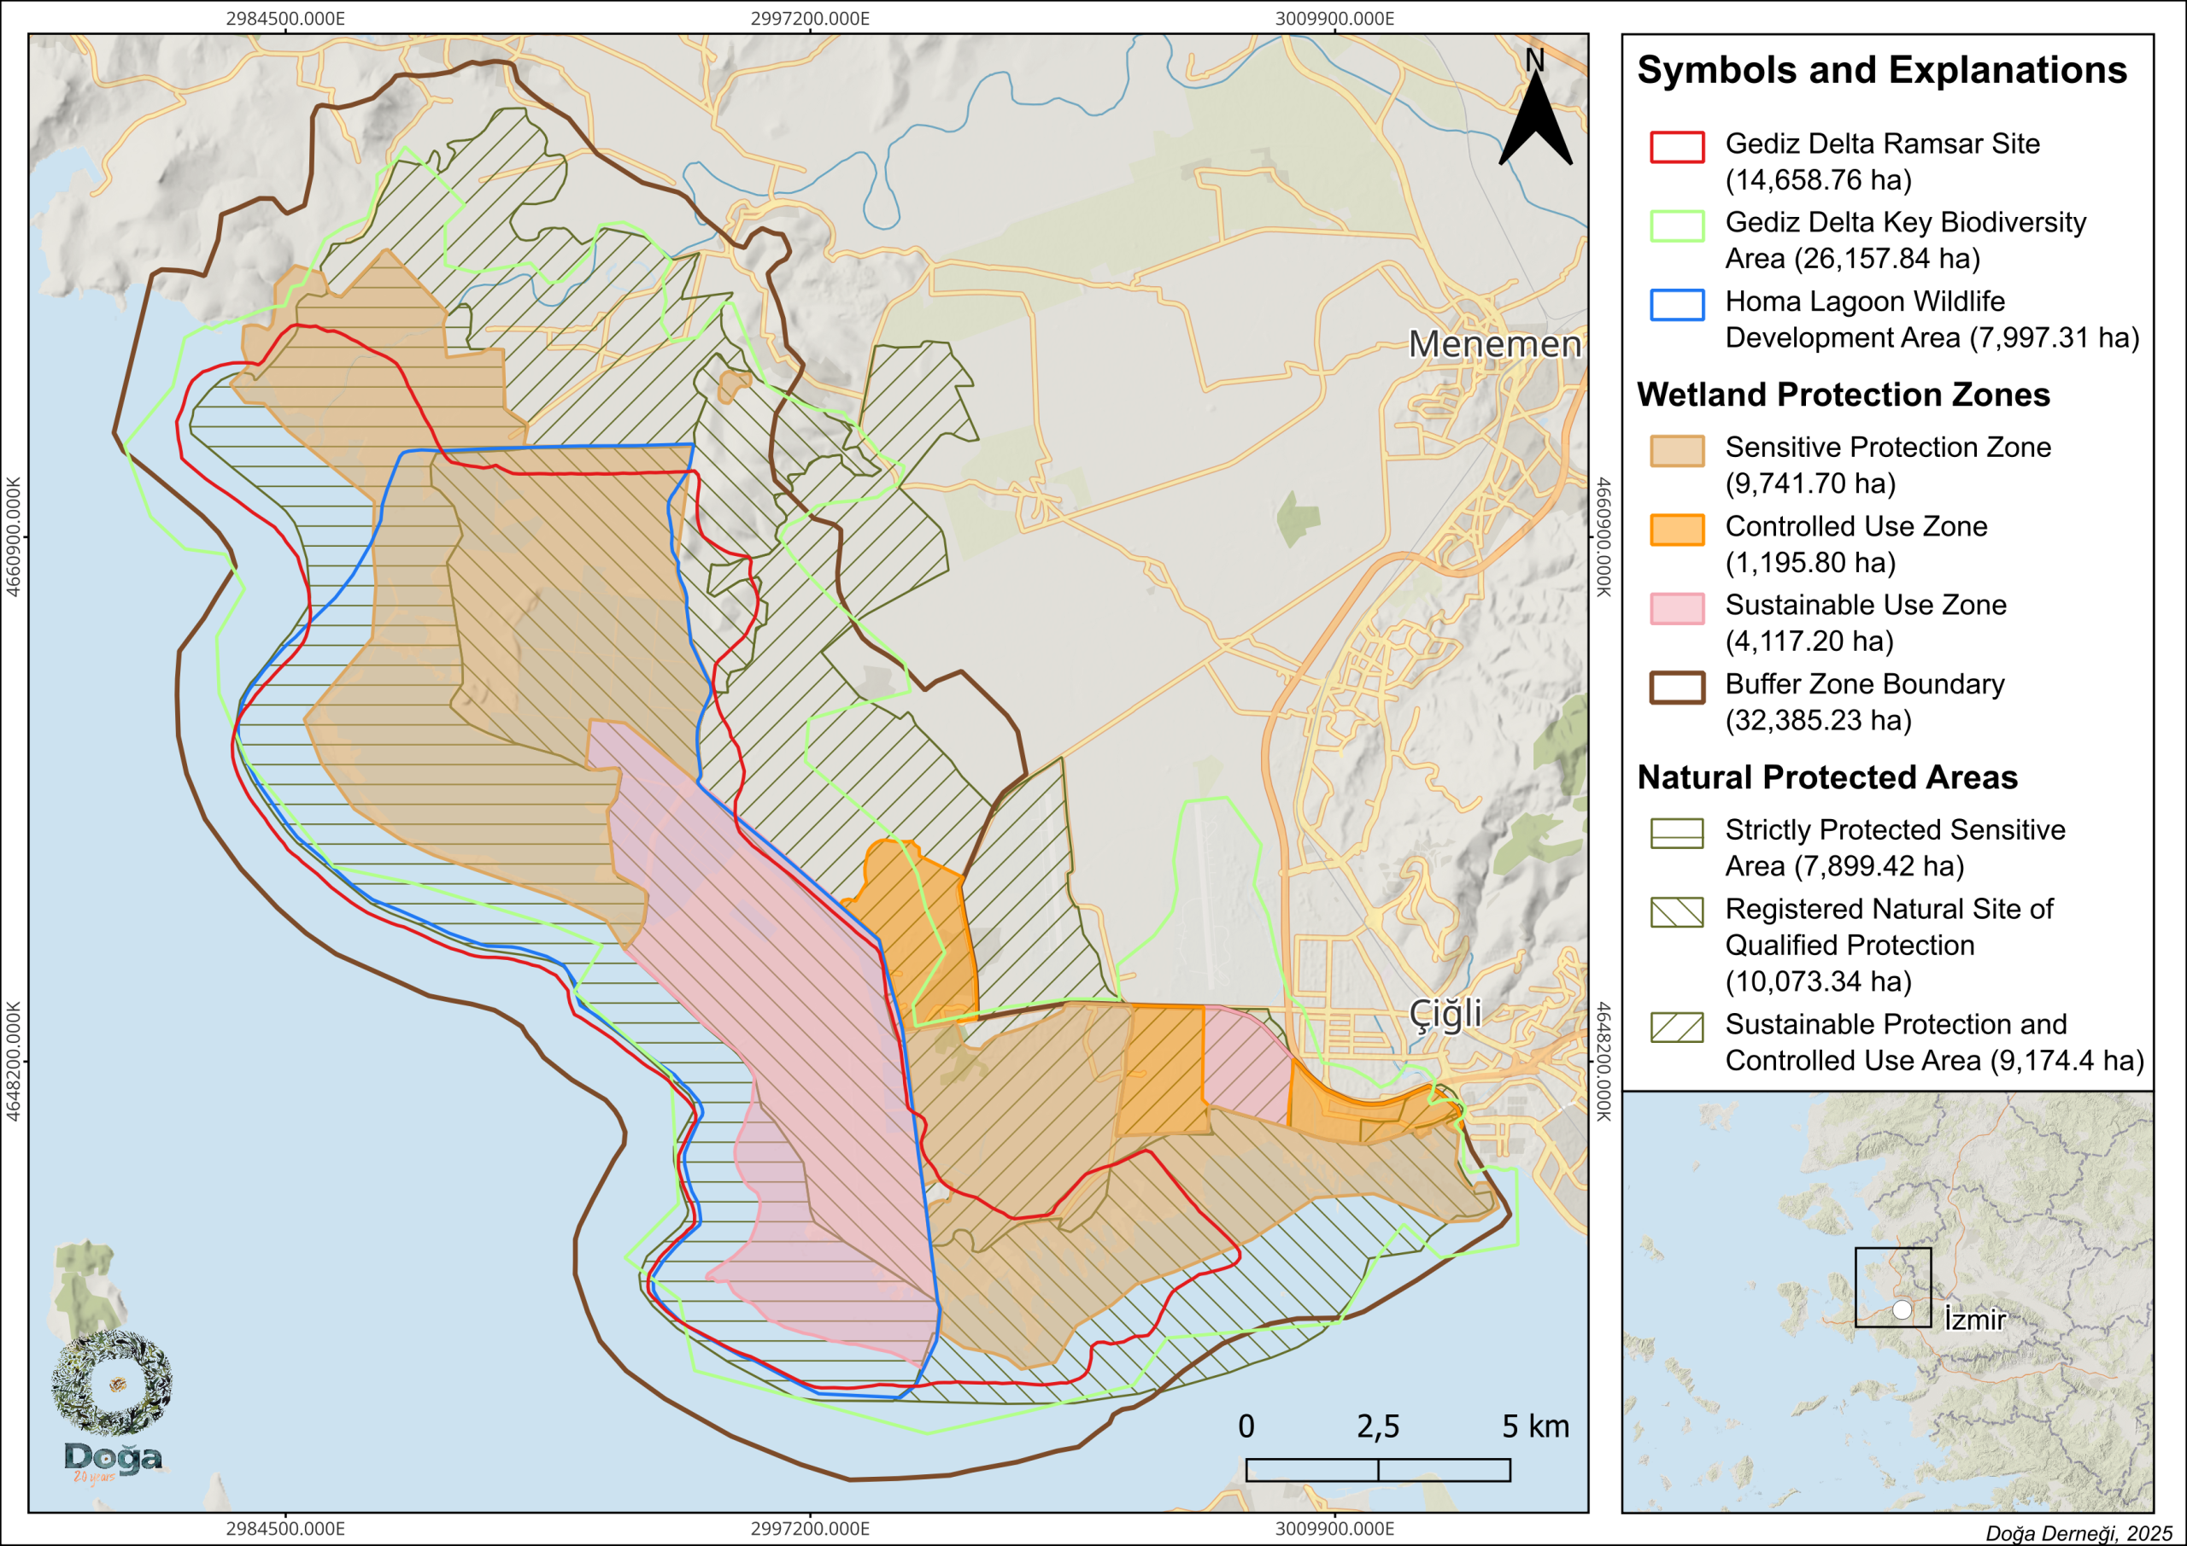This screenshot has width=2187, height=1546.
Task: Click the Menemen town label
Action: click(x=1493, y=344)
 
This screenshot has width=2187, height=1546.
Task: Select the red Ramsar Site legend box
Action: click(x=1676, y=147)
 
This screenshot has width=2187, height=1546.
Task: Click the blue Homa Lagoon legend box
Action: click(x=1676, y=305)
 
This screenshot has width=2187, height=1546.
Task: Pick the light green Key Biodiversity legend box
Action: click(x=1676, y=225)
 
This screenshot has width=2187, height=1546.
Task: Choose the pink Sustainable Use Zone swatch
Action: click(x=1676, y=609)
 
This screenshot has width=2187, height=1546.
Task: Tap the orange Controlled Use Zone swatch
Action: click(x=1676, y=530)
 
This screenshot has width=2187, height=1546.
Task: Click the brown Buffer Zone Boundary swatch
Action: click(x=1676, y=688)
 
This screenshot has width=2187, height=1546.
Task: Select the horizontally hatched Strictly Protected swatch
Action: click(x=1676, y=834)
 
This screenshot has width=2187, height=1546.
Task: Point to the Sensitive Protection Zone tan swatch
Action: click(x=1676, y=450)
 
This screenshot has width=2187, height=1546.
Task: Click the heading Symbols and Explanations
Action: click(x=1881, y=71)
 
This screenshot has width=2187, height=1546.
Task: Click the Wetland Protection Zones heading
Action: click(x=1842, y=395)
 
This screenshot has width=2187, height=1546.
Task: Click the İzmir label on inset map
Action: click(x=1974, y=1320)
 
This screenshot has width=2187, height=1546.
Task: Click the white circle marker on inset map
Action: click(x=1902, y=1309)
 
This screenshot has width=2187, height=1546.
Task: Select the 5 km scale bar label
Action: click(x=1534, y=1426)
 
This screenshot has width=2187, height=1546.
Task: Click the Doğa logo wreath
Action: click(x=111, y=1382)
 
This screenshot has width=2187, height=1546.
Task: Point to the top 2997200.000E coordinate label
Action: click(x=810, y=18)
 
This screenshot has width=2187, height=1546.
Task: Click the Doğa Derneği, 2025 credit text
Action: click(x=2079, y=1532)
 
